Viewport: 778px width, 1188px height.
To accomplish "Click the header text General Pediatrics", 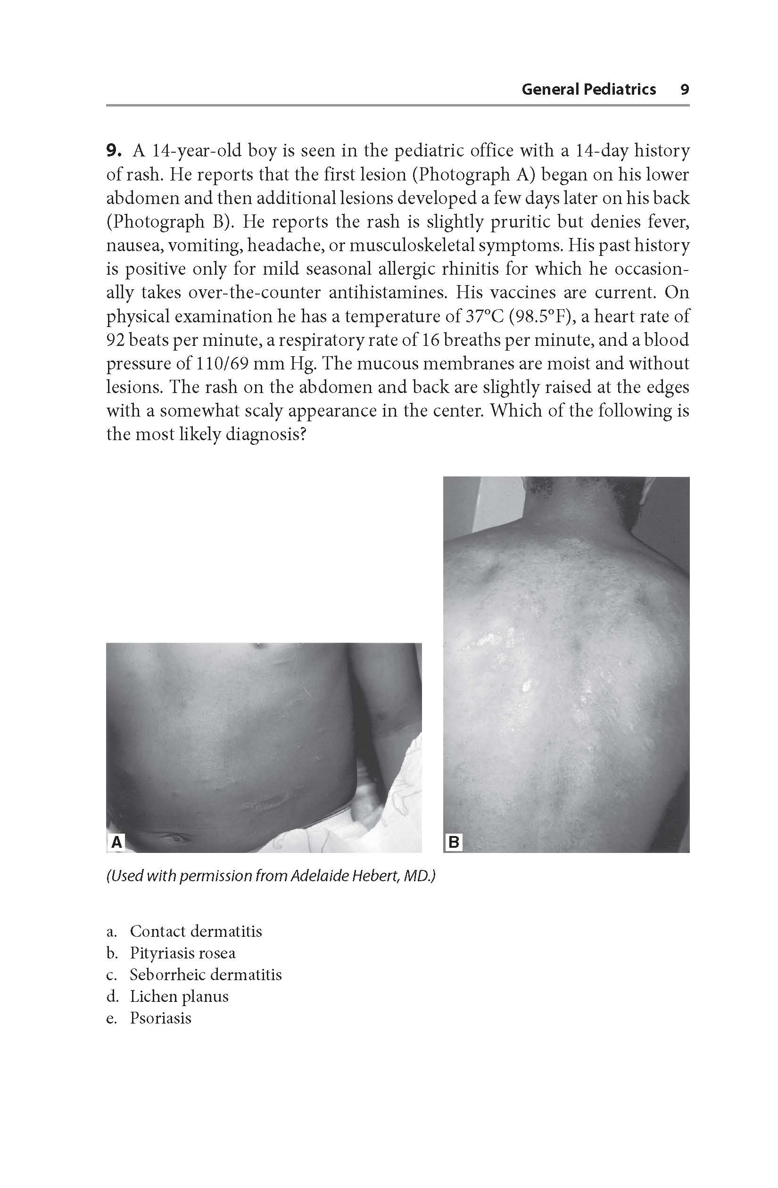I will point(588,90).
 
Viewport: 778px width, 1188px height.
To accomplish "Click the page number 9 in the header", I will point(685,90).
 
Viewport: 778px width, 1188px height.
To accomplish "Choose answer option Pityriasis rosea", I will point(182,953).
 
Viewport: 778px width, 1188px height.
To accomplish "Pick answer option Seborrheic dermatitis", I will point(205,975).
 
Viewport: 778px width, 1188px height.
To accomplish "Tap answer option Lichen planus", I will point(179,996).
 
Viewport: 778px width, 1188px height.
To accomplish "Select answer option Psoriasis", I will point(160,1018).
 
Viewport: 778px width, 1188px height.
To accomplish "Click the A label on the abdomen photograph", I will point(116,843).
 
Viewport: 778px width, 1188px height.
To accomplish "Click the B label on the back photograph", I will point(454,843).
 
